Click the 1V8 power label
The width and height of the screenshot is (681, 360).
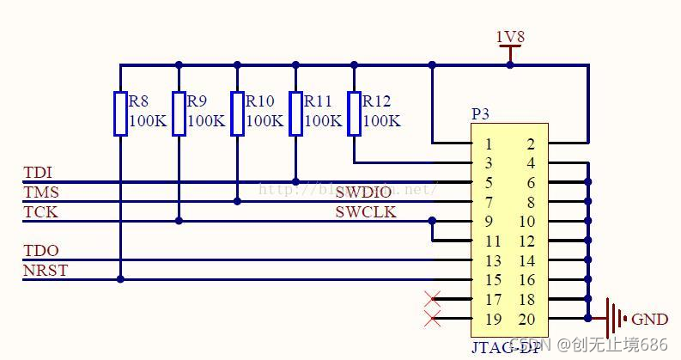509,37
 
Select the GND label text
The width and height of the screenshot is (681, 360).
649,319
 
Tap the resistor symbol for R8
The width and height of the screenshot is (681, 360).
120,113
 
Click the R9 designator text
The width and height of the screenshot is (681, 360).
197,101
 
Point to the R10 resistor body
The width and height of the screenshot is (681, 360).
237,113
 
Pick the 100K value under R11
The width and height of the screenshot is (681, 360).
323,121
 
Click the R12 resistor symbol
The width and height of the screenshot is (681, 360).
354,113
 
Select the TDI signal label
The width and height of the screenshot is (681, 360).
37,173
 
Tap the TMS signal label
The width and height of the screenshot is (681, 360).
40,192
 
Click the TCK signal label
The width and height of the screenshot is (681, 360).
40,212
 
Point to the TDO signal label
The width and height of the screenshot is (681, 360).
40,251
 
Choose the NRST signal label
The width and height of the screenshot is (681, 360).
45,271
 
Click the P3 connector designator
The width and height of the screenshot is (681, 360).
481,113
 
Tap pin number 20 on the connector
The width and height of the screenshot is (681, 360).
526,319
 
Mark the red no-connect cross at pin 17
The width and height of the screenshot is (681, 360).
433,300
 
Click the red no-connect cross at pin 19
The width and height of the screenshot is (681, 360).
433,320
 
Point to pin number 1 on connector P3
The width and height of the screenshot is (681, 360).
488,143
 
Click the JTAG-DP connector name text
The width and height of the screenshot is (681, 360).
507,347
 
